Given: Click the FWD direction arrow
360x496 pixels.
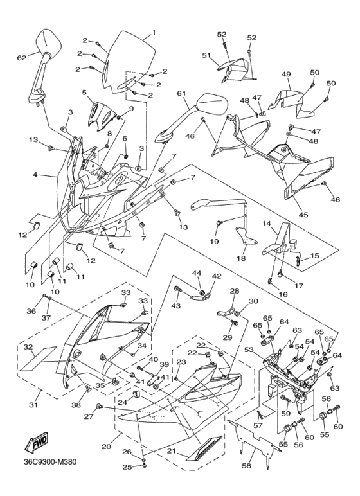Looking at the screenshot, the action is click(37, 441).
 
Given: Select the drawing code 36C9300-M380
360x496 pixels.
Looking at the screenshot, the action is click(50, 462).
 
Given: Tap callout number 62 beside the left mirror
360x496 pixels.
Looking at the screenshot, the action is click(21, 58).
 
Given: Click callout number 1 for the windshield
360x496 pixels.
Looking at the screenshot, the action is click(154, 32).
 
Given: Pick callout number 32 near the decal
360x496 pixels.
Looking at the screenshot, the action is click(28, 347).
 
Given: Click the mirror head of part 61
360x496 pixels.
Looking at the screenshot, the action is click(212, 103).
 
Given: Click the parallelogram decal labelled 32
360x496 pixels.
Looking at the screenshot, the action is click(38, 359).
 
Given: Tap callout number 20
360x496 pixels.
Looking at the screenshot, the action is click(106, 447).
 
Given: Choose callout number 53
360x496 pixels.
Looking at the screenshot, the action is click(249, 350).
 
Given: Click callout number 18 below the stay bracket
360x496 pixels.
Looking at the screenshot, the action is click(241, 258).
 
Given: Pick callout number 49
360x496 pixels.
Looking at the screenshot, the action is click(286, 75).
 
